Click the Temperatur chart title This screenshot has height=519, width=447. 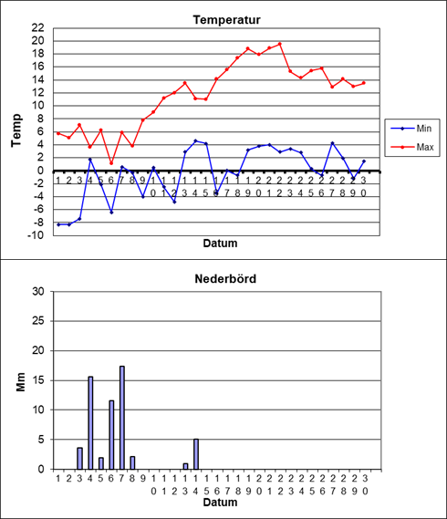227,20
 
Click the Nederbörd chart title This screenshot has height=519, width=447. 225,279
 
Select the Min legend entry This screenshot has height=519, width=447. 411,129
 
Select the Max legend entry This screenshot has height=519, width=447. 412,147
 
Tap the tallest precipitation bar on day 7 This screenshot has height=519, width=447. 122,418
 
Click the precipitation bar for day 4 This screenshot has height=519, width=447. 90,422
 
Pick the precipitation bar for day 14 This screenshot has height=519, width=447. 196,454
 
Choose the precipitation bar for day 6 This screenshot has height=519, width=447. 111,435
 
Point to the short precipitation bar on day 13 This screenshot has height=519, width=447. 185,466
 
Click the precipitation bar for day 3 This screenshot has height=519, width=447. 79,459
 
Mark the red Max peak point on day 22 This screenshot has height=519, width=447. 280,44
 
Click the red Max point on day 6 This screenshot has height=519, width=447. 111,163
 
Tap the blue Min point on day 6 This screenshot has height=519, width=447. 111,213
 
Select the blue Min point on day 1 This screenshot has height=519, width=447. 58,224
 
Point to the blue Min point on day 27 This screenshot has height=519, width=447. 332,143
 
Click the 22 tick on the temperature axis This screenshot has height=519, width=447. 37,28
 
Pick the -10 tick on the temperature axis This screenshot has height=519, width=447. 36,235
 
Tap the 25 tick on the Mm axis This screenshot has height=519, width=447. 38,321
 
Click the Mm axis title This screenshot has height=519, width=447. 21,382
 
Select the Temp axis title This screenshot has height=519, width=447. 16,130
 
